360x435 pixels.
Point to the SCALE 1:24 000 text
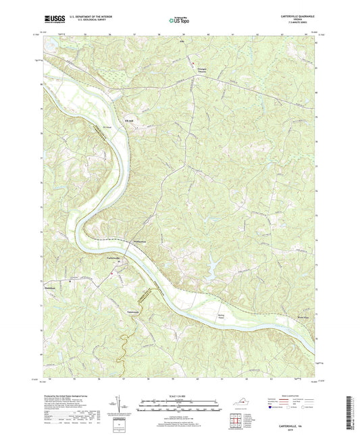(180, 396)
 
